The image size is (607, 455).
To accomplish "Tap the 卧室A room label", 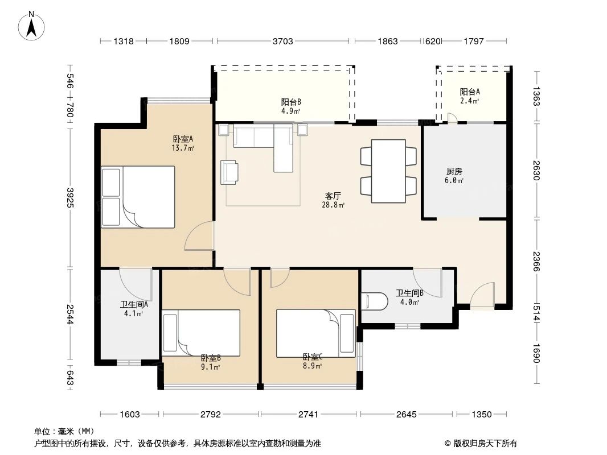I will coord(183,143).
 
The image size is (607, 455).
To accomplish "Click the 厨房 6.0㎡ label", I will coord(454,175).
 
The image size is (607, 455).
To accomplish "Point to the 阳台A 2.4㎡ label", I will coord(470,96).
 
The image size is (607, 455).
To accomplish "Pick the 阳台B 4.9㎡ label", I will coord(291,106).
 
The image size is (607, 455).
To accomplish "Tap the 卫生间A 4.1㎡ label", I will coord(134,308).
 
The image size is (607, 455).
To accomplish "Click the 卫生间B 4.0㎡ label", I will coord(410,297).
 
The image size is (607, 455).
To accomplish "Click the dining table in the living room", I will coord(388,171).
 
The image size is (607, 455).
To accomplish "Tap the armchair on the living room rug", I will coord(229,172).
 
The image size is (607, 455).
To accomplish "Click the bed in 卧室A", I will coord(138,197).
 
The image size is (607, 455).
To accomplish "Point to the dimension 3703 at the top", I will coord(283,41).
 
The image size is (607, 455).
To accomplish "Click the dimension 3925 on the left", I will coord(70,197).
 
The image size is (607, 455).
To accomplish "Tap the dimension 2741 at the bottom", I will coord(308,415).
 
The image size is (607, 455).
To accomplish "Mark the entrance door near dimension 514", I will coord(482,295).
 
